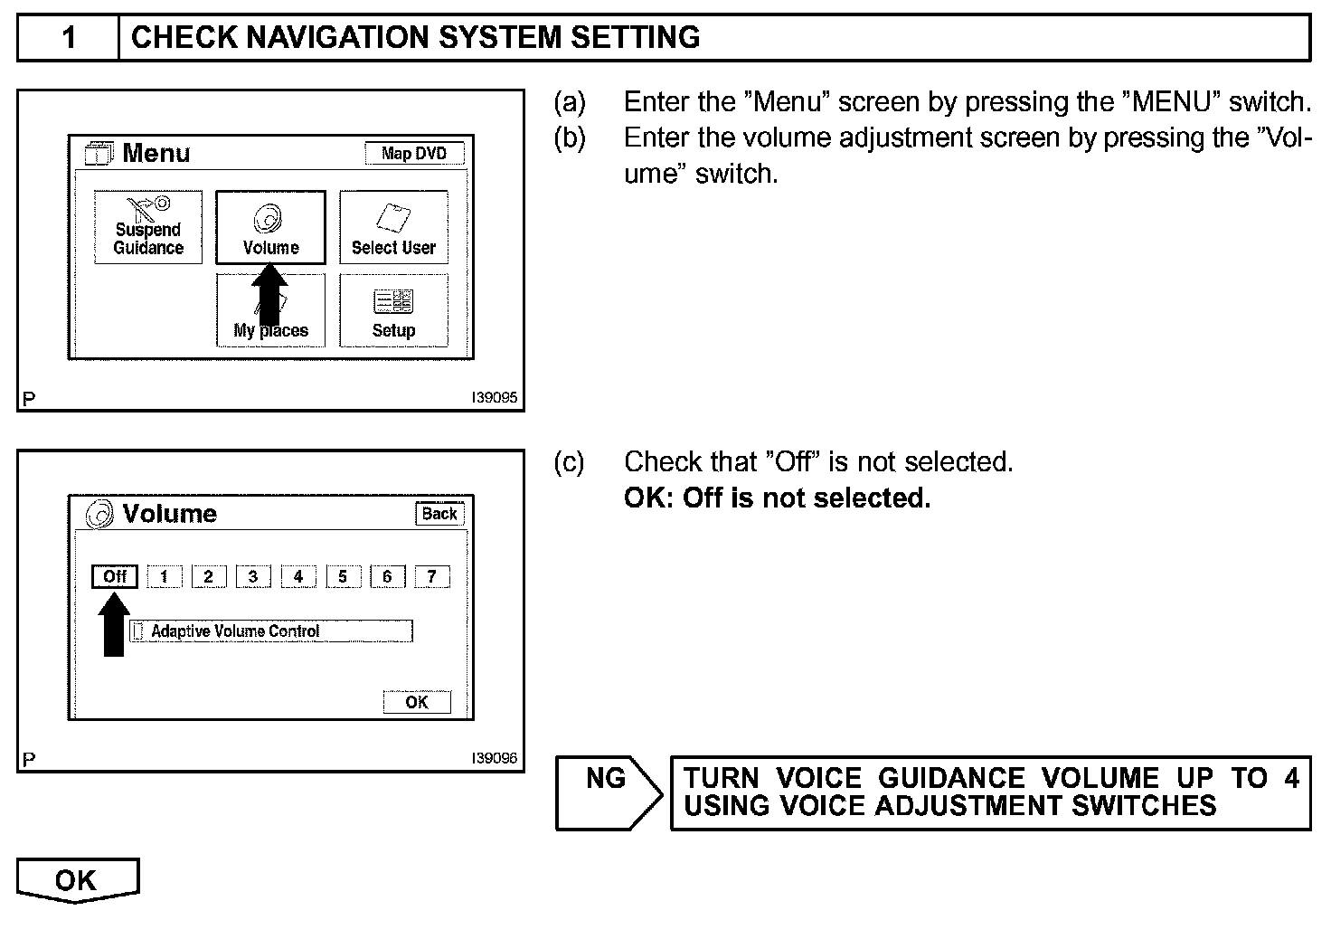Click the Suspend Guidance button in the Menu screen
click(148, 228)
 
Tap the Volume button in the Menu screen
click(270, 228)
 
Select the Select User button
click(393, 228)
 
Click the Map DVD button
click(414, 153)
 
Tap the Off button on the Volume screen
click(115, 576)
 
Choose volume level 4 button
click(297, 576)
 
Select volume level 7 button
click(431, 576)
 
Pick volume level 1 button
click(164, 576)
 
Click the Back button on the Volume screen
click(439, 514)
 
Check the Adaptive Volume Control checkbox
click(138, 631)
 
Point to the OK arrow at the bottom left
click(77, 880)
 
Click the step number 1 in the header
click(69, 38)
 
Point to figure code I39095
click(495, 398)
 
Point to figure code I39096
click(495, 758)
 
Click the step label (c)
click(569, 462)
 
